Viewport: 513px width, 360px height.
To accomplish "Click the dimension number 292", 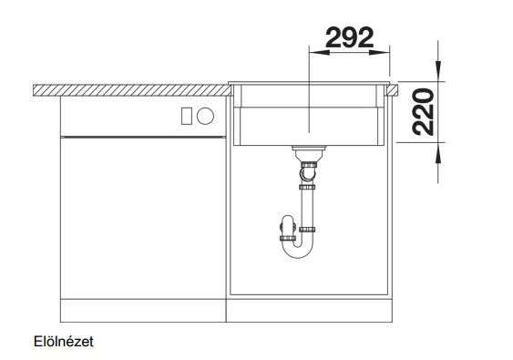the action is click(x=349, y=37).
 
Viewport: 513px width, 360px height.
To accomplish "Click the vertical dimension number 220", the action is click(x=423, y=112).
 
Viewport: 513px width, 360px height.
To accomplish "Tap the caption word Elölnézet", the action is click(x=64, y=342).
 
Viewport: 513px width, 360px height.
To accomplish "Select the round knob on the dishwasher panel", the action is click(x=205, y=116).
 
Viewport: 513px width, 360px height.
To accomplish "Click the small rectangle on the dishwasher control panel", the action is click(x=187, y=116).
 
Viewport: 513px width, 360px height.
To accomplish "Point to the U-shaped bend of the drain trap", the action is click(x=298, y=252).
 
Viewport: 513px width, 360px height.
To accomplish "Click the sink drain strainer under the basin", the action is click(x=309, y=153).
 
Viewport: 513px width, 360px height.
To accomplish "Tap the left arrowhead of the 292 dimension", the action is click(x=319, y=52).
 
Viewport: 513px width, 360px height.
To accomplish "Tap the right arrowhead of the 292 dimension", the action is click(x=380, y=52).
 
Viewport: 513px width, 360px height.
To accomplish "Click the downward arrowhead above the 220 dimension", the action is click(x=438, y=71).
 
